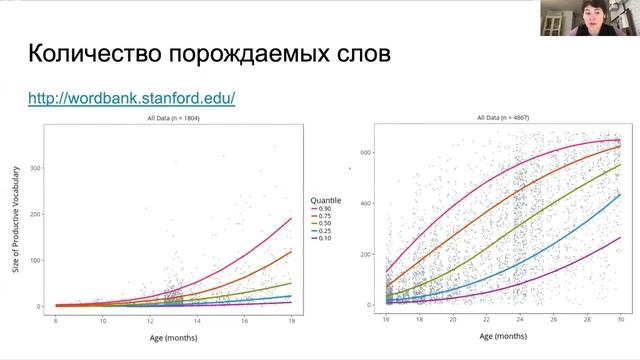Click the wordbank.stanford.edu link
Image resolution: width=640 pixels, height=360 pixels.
pos(131,99)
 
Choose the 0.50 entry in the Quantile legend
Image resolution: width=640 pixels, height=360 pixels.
pos(324,224)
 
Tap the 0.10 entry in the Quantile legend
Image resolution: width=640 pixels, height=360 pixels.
pos(324,240)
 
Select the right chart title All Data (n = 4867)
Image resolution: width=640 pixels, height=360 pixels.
pos(503,118)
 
